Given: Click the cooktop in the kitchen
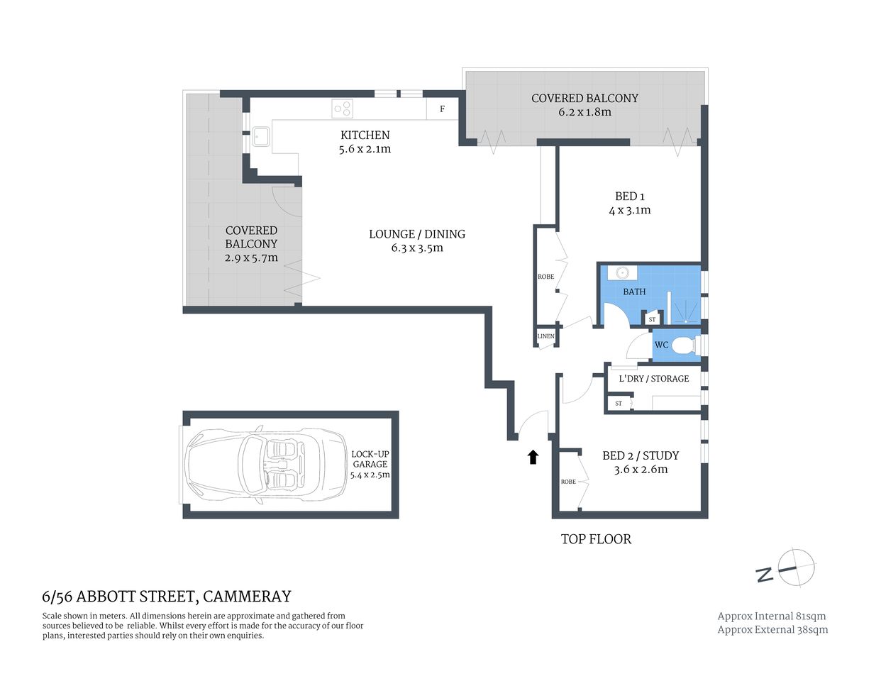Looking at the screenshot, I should [x=343, y=109].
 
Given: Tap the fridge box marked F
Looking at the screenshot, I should [x=443, y=109].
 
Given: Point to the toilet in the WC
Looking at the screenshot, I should [x=683, y=345].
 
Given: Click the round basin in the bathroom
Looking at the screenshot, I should [x=623, y=273].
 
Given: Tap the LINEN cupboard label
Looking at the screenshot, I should [x=545, y=336].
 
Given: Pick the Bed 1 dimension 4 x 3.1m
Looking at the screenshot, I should [x=629, y=211].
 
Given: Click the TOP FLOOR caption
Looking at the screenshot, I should [x=596, y=539].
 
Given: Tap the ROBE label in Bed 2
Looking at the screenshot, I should [x=568, y=482].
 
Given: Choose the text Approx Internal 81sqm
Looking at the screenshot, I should [x=772, y=616].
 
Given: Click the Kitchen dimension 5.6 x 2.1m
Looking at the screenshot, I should [x=365, y=149].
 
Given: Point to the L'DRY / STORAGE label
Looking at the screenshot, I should [x=653, y=379].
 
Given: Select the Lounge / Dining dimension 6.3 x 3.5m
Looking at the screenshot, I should [x=416, y=248].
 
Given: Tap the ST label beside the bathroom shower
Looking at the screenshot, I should [x=652, y=320].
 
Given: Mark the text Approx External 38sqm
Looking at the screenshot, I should [x=772, y=629].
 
